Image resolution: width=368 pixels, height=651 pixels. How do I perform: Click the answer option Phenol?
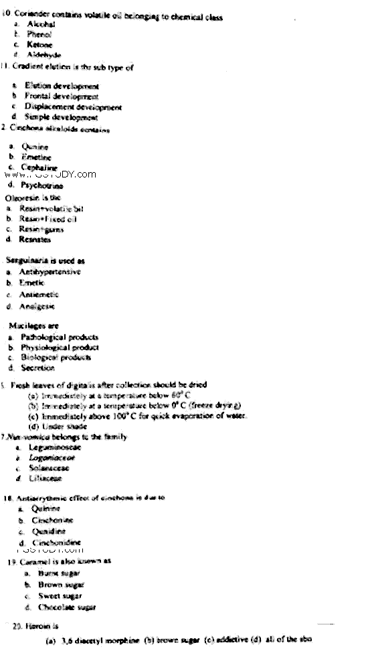(x=39, y=33)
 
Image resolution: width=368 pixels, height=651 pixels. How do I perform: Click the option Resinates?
(x=34, y=239)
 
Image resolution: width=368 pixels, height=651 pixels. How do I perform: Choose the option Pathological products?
(x=59, y=337)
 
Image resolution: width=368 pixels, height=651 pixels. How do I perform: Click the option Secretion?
(x=36, y=368)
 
